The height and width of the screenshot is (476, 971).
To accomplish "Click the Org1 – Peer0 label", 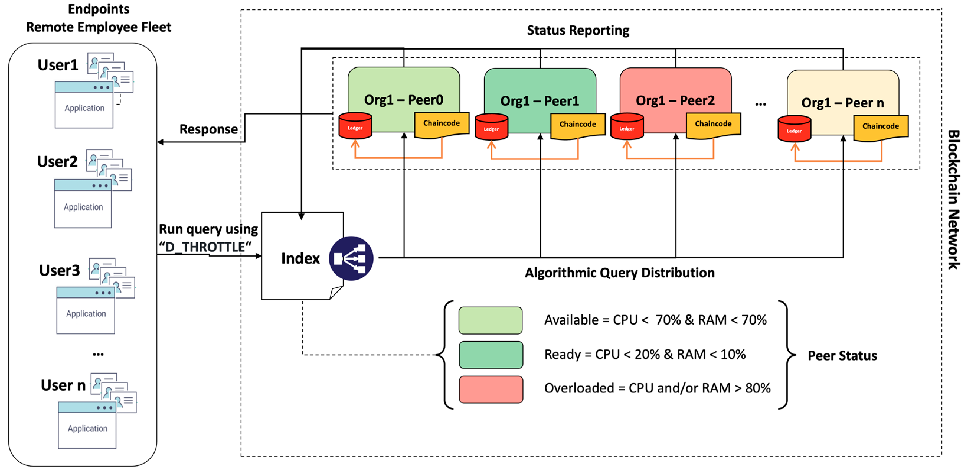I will pyautogui.click(x=403, y=100).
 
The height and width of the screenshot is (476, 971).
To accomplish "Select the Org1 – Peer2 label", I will pyautogui.click(x=675, y=101).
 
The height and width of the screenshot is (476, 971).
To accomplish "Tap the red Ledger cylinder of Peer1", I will pyautogui.click(x=491, y=127).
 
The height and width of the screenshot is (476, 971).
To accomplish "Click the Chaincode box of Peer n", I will pyautogui.click(x=880, y=127).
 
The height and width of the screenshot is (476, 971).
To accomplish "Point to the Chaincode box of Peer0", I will pyautogui.click(x=442, y=124).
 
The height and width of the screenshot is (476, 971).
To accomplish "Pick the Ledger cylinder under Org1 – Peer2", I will pyautogui.click(x=627, y=127).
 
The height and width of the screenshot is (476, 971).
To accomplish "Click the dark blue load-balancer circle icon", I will pyautogui.click(x=351, y=258).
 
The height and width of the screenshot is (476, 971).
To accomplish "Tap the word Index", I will pyautogui.click(x=300, y=258).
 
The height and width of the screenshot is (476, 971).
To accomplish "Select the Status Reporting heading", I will pyautogui.click(x=578, y=30).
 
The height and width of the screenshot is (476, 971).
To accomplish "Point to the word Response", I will pyautogui.click(x=208, y=129).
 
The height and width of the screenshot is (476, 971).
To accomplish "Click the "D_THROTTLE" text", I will pyautogui.click(x=205, y=247).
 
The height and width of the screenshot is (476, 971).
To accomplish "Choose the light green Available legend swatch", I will pyautogui.click(x=491, y=320).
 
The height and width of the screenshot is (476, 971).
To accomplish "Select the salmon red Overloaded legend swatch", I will pyautogui.click(x=491, y=389).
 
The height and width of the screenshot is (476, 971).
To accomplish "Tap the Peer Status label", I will pyautogui.click(x=842, y=356).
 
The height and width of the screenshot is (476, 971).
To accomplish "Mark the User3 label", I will pyautogui.click(x=60, y=270).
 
